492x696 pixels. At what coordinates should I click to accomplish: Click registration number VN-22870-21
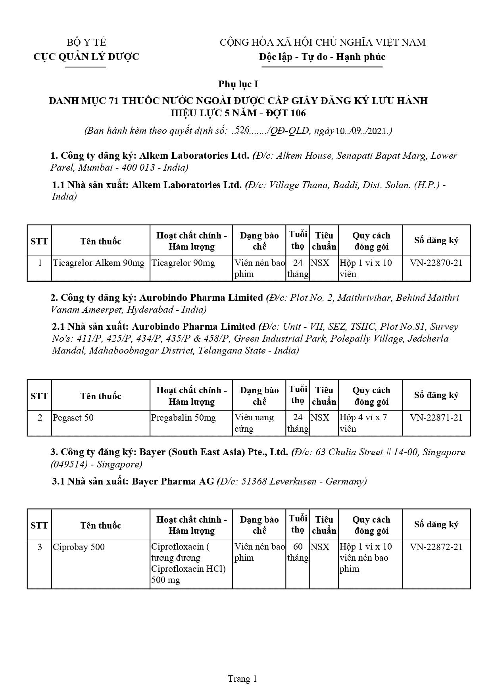tap(436, 263)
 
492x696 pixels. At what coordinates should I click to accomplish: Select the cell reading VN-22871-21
tap(436, 417)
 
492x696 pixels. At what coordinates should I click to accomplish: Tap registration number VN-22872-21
tap(436, 547)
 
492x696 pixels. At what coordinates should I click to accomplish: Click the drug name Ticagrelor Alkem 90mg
tap(99, 263)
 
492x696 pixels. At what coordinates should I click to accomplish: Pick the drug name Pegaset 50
tap(73, 417)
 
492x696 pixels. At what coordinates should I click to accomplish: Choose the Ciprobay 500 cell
tap(79, 547)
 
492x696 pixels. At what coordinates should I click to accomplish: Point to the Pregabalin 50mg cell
tap(183, 417)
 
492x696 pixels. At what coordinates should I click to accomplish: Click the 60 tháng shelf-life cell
tap(298, 552)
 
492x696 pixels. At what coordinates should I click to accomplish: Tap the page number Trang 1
tap(242, 679)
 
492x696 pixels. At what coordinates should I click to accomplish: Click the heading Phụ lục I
tap(238, 84)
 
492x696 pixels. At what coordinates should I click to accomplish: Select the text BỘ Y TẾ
tap(86, 42)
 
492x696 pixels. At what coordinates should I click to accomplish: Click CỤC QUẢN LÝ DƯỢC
tap(86, 57)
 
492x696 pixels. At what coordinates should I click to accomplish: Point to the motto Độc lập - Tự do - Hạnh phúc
tap(322, 57)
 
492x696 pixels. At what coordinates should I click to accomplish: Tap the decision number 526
tap(242, 129)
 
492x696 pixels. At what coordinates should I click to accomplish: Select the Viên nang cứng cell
tap(254, 423)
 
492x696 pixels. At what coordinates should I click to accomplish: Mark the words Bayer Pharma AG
tap(173, 481)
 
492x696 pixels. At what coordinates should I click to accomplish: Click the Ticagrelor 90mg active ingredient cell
tap(183, 263)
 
